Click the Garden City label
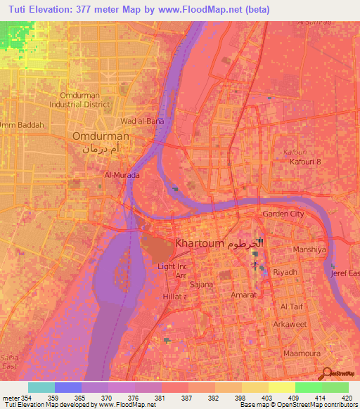[283, 214]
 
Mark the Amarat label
[243, 295]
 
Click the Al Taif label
[292, 307]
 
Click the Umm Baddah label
[22, 125]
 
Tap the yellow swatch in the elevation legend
[281, 387]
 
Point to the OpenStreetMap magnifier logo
[325, 374]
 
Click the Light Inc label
[172, 266]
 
